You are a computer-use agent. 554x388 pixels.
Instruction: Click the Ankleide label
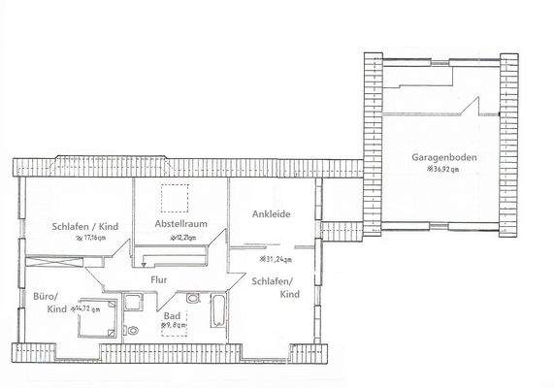(x=272, y=213)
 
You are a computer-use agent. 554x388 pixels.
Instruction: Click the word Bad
(x=174, y=315)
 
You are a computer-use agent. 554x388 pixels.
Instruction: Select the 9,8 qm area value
(x=175, y=326)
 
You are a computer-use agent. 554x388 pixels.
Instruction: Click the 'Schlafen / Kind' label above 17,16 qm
(x=84, y=226)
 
